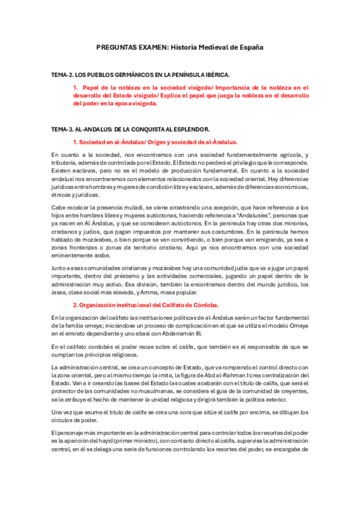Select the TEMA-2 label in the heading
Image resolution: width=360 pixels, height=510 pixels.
tap(62, 75)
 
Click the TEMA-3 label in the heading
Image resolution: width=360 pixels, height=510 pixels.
tap(62, 129)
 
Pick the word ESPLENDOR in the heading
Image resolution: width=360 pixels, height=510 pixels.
tap(191, 129)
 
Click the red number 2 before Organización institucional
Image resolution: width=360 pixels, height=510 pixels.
tap(75, 304)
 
